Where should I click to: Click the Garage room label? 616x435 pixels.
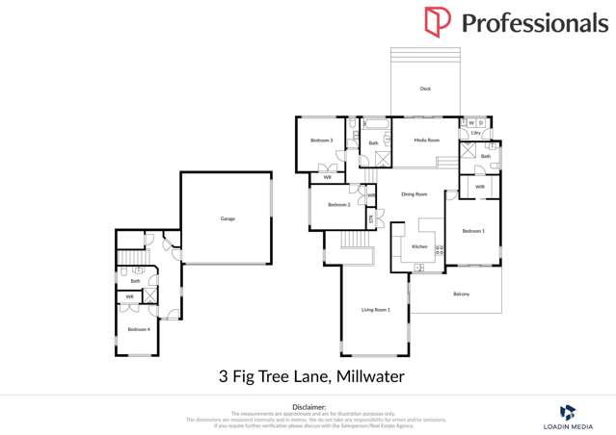click(228, 218)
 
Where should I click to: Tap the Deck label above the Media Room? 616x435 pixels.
click(425, 89)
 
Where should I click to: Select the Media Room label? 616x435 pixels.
click(426, 141)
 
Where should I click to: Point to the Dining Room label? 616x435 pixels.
click(414, 194)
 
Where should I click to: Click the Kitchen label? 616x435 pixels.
click(419, 247)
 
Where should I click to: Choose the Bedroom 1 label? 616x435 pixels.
click(472, 231)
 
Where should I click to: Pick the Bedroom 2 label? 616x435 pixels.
click(338, 204)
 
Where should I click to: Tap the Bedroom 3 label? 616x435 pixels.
click(321, 141)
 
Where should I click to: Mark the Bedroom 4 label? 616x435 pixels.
click(139, 329)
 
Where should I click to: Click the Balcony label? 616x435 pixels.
click(461, 294)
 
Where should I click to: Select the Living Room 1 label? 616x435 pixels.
click(375, 309)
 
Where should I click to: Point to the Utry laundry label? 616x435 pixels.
click(475, 133)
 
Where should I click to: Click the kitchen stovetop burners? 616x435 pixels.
click(440, 249)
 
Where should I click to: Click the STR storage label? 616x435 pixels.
click(372, 218)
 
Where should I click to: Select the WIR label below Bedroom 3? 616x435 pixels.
click(328, 177)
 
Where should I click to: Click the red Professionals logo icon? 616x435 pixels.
click(437, 21)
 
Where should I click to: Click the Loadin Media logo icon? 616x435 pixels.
click(568, 411)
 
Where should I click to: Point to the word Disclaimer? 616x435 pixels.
click(308, 407)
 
